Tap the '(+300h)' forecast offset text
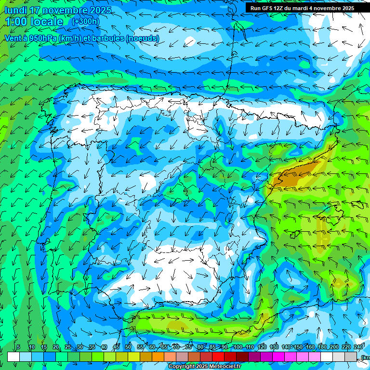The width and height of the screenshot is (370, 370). point(86,22)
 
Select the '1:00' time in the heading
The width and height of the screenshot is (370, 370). point(16,22)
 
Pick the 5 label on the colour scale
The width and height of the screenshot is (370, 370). point(18,347)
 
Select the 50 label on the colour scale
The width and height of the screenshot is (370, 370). point(128,347)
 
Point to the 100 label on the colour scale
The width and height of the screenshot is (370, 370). point(238,347)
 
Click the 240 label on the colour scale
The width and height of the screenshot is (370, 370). point(358,347)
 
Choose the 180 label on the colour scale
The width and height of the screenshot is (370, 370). point(321,347)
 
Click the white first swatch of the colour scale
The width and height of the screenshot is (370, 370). point(13,357)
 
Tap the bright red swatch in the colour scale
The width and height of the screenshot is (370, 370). point(218,357)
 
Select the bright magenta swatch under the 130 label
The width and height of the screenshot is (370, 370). point(278,357)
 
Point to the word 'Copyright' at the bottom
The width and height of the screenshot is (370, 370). point(182,367)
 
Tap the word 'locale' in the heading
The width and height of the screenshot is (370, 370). point(46,22)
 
